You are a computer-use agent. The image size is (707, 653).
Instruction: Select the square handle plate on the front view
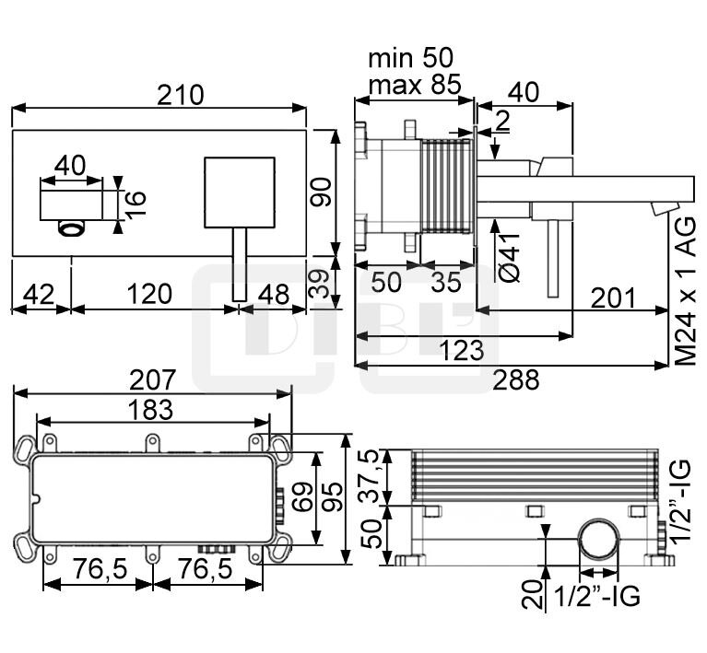pyautogui.click(x=239, y=191)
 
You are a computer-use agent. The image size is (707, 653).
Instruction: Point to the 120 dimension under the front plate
pyautogui.click(x=150, y=294)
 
